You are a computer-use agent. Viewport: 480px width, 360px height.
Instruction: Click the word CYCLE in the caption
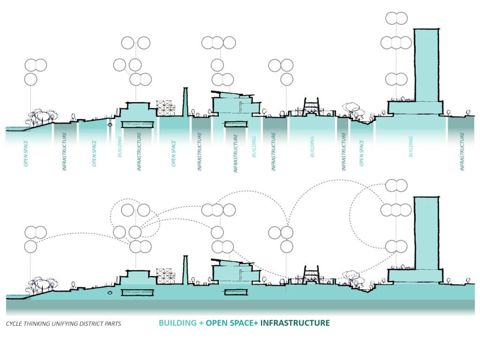click(15, 324)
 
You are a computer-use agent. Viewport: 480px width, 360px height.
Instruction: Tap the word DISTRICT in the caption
click(88, 324)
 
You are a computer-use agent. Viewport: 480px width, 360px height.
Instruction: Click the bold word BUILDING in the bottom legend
click(176, 323)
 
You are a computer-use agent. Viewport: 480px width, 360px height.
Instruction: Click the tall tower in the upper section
click(427, 66)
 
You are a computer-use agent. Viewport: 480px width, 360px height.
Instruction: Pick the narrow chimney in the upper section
click(185, 101)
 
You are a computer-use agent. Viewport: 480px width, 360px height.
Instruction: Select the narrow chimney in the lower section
click(185, 270)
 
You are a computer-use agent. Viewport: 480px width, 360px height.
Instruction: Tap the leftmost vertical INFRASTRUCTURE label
click(64, 151)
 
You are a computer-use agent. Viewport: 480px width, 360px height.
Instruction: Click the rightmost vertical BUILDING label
click(411, 147)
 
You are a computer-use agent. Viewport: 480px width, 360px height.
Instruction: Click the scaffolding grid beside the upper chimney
click(165, 108)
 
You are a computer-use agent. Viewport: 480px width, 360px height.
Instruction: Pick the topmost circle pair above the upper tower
click(397, 18)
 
